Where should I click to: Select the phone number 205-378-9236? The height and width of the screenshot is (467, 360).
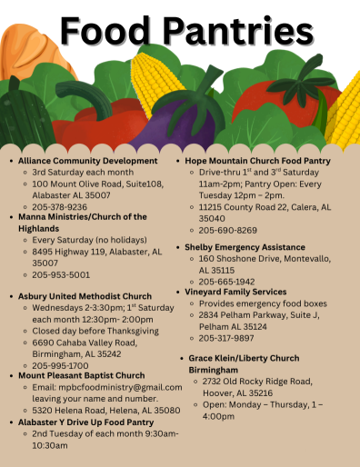coord(61,206)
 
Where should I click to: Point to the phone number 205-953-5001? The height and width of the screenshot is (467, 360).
coord(61,273)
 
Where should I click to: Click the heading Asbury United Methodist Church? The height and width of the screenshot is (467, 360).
coord(85,296)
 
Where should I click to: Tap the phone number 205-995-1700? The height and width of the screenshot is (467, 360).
coord(61,365)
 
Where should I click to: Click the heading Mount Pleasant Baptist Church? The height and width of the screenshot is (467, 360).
coord(82,375)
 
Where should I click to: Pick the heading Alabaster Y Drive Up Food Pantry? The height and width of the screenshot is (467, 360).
coord(86,422)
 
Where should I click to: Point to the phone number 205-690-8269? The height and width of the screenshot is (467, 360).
coord(228,230)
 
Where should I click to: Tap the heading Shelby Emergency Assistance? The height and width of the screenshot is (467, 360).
coord(245,246)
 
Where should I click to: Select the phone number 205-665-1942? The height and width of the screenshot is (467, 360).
coord(228,281)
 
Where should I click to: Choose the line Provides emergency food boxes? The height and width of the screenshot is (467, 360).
coord(263,303)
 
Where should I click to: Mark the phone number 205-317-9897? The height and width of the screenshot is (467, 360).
coord(228,338)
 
